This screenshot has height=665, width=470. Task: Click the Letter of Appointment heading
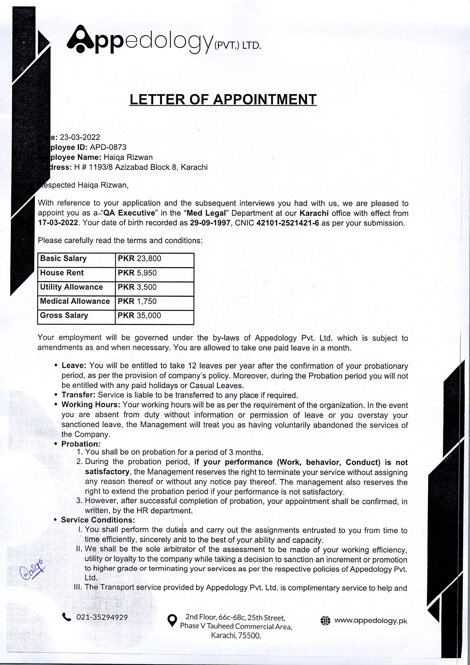click(223, 100)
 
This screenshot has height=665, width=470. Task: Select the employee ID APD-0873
click(108, 147)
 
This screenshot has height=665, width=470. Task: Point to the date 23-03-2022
click(80, 137)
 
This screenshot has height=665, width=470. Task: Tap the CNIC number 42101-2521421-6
click(288, 223)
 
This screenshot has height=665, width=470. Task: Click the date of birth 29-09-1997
click(210, 223)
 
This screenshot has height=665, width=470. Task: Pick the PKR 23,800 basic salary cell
click(140, 258)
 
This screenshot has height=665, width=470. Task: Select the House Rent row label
click(62, 273)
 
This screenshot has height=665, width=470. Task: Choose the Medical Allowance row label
click(75, 301)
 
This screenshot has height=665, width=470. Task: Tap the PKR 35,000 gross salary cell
click(139, 315)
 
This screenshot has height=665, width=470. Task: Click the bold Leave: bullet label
click(74, 365)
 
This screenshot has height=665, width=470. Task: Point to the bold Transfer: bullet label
click(78, 395)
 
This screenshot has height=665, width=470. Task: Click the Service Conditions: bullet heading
click(98, 520)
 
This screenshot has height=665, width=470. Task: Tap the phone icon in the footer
click(67, 617)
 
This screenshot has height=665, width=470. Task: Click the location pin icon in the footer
click(172, 621)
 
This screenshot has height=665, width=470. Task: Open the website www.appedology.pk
click(370, 620)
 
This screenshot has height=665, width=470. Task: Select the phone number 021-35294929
click(102, 617)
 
